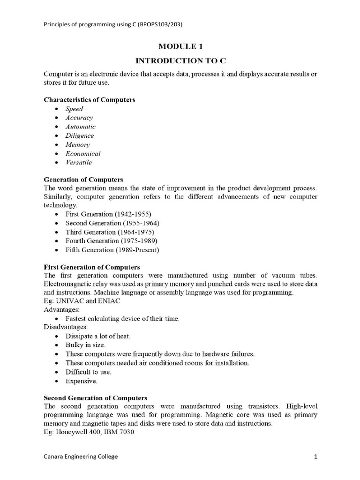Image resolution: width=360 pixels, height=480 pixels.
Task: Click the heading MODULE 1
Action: tap(180, 46)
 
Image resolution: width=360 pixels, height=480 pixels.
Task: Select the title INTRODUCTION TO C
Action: tap(180, 61)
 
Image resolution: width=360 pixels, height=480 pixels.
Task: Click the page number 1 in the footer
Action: tap(316, 457)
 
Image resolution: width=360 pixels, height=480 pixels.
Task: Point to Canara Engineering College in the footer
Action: tap(81, 457)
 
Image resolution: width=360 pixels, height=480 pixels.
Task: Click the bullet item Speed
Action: tap(74, 109)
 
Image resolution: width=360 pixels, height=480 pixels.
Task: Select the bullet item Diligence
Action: tap(79, 136)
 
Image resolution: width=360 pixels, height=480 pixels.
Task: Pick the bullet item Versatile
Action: tap(78, 163)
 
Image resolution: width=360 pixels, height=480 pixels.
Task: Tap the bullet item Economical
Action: tap(82, 154)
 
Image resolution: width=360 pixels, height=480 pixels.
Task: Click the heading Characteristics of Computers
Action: tap(89, 100)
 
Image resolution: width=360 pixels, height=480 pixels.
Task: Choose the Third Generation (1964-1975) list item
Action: tap(109, 232)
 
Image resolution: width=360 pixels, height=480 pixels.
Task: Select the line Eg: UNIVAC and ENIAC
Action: tap(82, 301)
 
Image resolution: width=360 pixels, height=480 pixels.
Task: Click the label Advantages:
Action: tap(62, 310)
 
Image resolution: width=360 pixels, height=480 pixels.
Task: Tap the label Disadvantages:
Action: tap(66, 327)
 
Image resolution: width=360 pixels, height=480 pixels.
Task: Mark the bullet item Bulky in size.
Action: tap(85, 345)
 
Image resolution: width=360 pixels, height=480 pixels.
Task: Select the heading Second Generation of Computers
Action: tap(95, 397)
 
